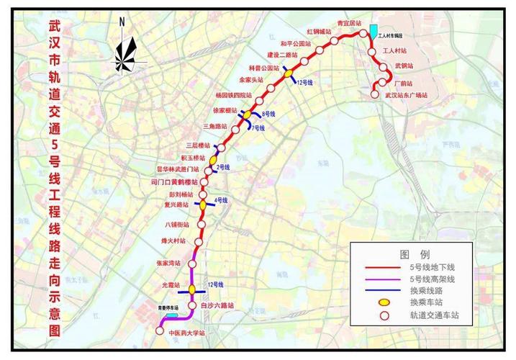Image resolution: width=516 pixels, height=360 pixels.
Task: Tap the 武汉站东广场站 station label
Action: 406,95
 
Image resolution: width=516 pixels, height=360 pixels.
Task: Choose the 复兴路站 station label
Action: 177,204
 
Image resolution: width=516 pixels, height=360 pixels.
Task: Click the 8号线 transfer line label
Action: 268,114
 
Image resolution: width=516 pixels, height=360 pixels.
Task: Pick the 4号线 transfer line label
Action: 220,199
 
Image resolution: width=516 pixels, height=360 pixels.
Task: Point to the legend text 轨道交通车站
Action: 434,315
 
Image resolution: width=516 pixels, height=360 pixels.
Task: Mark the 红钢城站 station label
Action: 318,32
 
